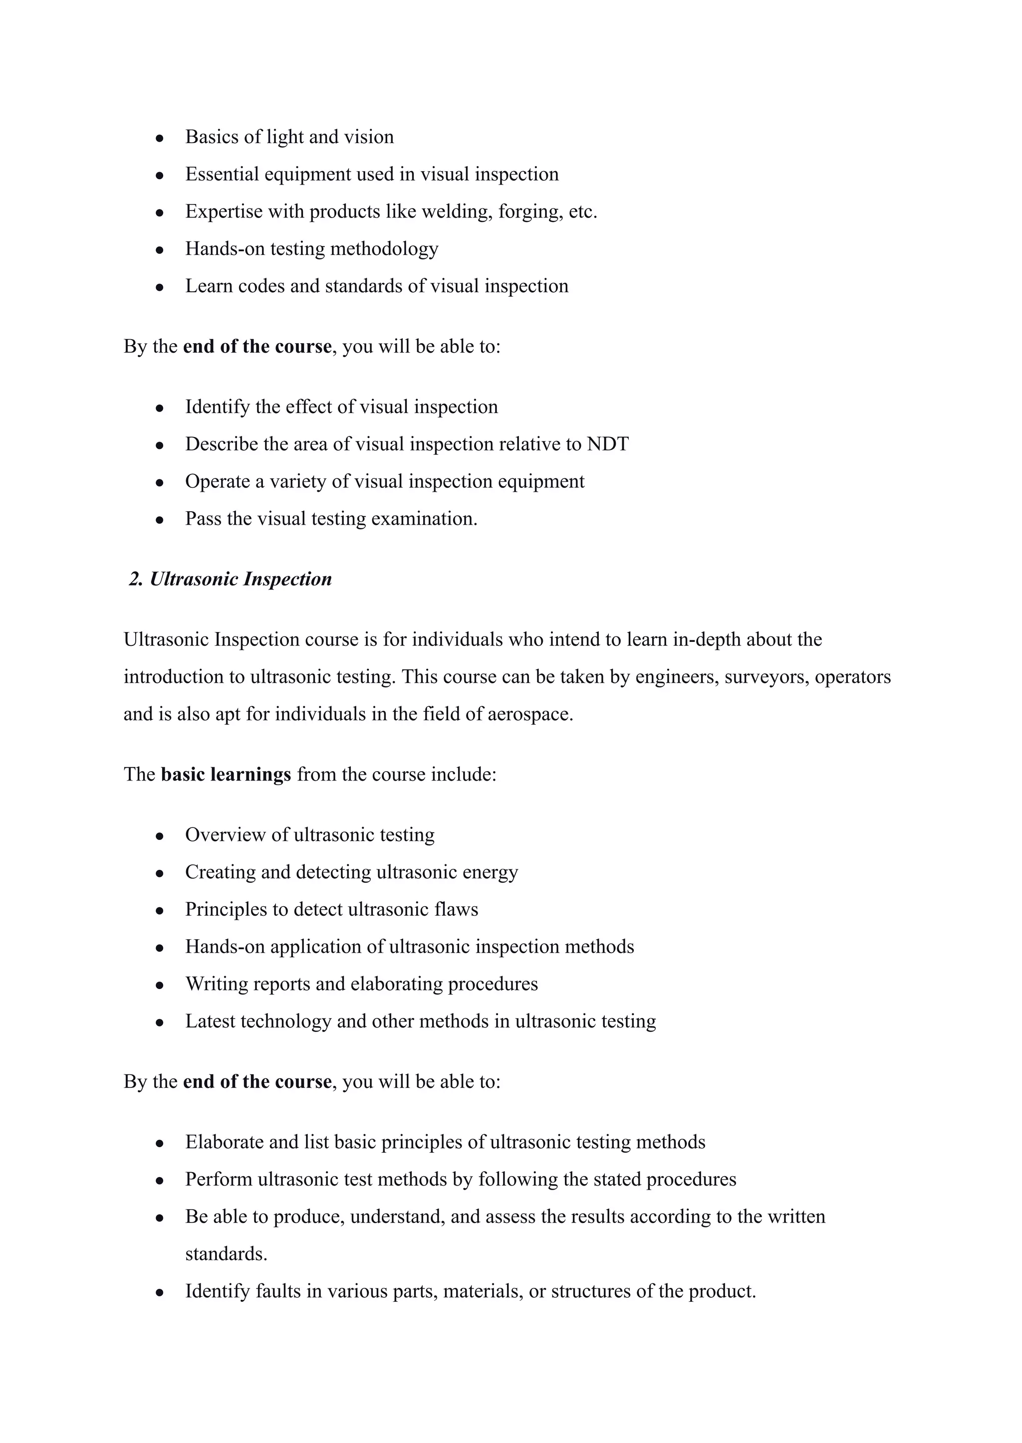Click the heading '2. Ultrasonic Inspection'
231,579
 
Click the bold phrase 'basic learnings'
226,774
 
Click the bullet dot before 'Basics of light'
160,137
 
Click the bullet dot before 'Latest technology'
160,1022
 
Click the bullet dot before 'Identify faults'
160,1292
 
